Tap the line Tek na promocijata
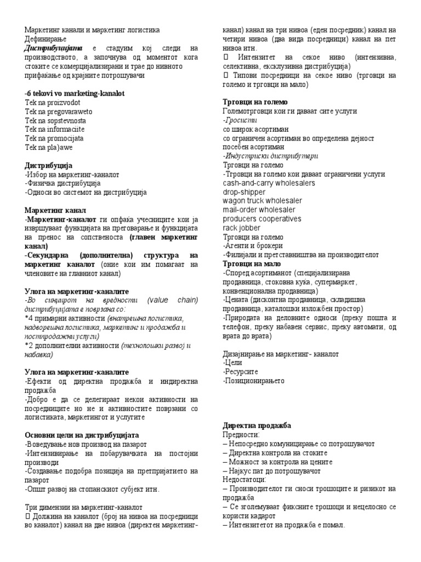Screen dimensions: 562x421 point(54,138)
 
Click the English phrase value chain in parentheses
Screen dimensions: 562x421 point(173,300)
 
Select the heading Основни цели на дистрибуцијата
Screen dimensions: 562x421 point(81,435)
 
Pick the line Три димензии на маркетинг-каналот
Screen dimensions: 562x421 point(83,507)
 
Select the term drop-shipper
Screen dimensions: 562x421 point(244,192)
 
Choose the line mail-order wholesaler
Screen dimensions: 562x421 point(259,210)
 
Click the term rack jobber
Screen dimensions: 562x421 point(242,228)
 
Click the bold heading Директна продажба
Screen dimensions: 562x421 point(257,425)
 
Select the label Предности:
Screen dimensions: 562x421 point(241,434)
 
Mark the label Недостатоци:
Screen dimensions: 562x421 point(245,480)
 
